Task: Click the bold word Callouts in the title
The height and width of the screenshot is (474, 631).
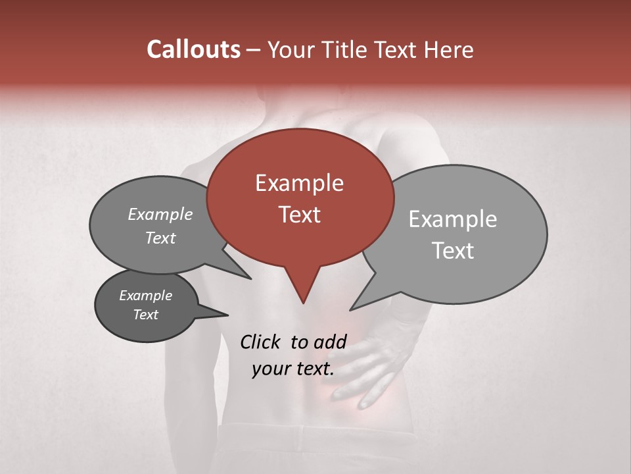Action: pos(193,49)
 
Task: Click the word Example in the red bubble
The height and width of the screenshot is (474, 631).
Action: pos(299,183)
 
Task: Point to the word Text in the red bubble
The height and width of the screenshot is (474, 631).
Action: pos(299,215)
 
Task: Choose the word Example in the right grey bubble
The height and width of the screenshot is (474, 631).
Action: pos(453,219)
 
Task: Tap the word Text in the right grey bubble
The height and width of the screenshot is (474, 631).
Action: pos(453,251)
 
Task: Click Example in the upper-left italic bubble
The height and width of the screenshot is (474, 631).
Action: pos(160,215)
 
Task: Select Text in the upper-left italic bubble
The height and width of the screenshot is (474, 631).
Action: pos(160,238)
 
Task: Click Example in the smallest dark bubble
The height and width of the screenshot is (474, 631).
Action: pos(145,296)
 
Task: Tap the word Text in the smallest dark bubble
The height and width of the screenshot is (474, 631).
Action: pos(145,315)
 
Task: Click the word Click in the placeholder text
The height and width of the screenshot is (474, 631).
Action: pos(261,342)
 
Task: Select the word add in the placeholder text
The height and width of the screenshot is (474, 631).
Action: pos(330,342)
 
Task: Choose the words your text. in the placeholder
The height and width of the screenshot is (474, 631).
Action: pos(293,369)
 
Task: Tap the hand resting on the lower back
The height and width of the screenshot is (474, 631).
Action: pos(368,369)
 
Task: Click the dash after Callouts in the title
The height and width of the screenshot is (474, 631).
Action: pos(254,50)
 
